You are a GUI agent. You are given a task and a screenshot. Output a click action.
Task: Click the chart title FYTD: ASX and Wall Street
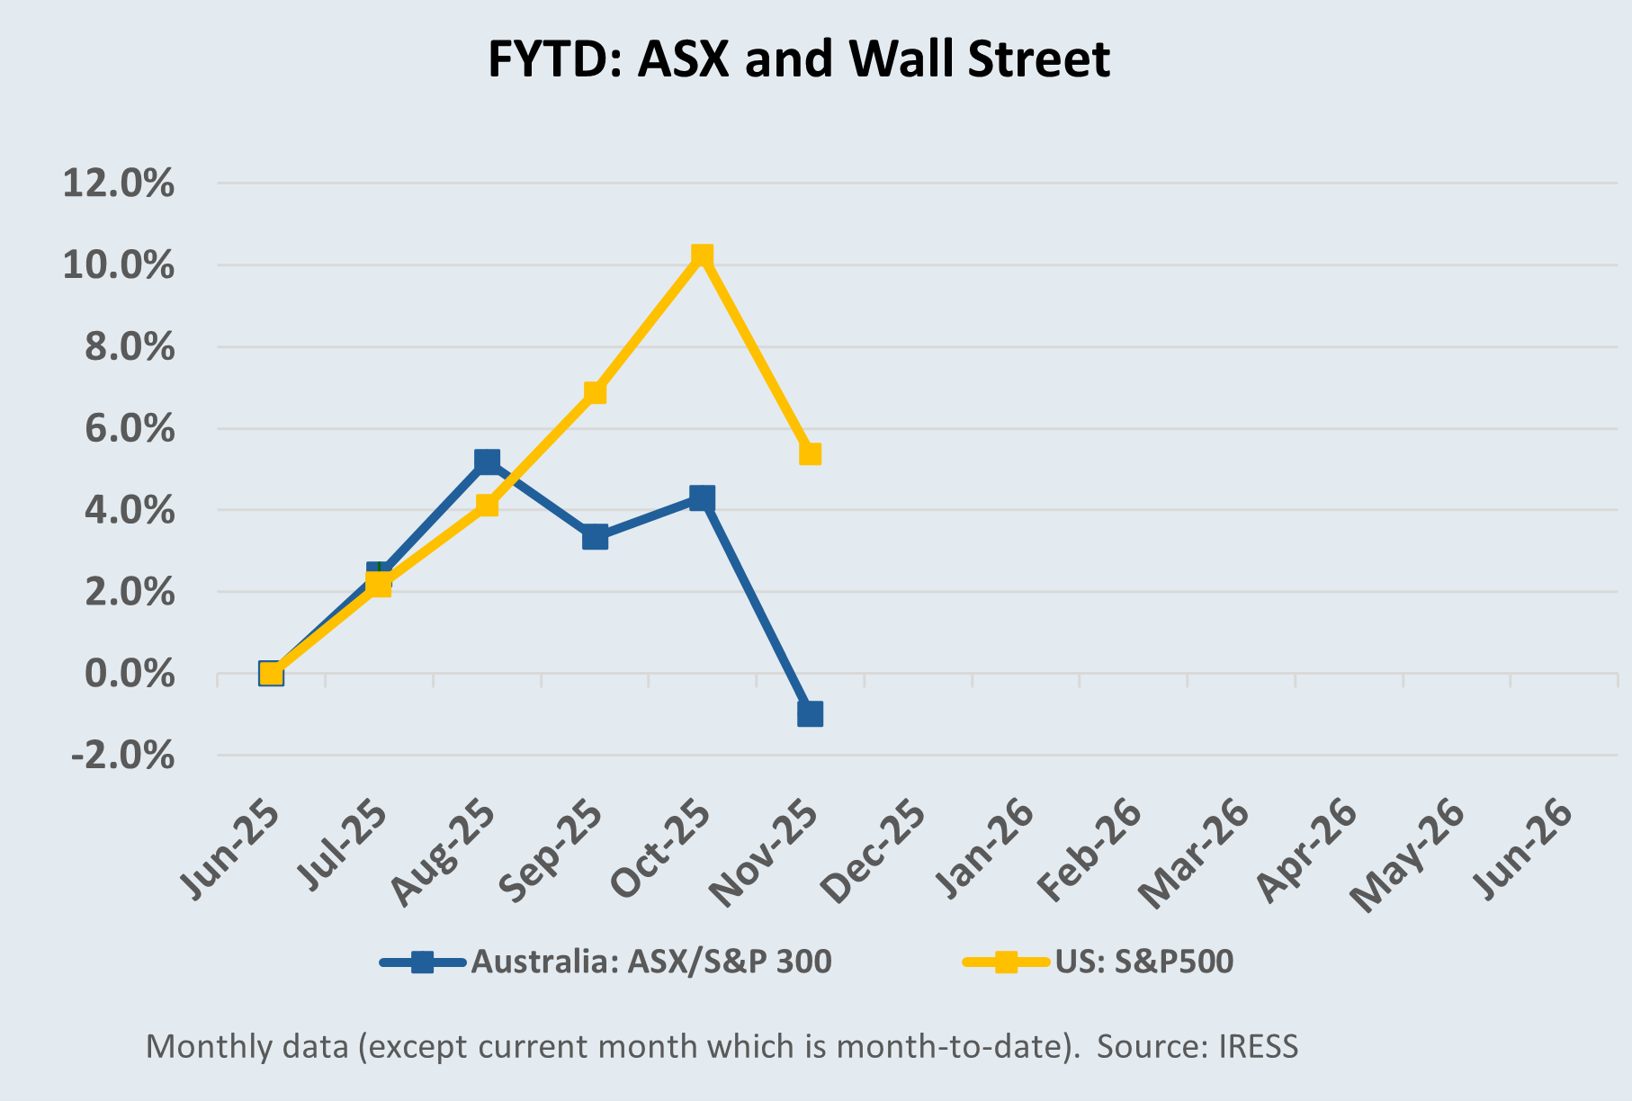tap(799, 59)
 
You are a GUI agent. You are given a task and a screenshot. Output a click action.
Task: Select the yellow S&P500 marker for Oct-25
tap(702, 256)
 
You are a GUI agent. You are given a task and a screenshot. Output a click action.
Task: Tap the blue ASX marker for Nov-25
tap(810, 714)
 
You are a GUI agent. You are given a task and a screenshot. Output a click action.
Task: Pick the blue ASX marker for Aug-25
tap(487, 461)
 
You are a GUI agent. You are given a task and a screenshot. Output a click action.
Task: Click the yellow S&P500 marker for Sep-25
tap(595, 392)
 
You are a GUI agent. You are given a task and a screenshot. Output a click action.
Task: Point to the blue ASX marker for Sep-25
tap(595, 537)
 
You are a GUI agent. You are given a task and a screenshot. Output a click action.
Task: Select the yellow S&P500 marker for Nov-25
tap(810, 453)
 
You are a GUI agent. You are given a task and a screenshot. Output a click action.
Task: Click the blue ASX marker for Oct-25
tap(702, 497)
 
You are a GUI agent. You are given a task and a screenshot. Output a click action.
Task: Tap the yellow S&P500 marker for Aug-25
tap(487, 505)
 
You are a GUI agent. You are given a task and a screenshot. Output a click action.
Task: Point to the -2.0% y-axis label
tap(122, 755)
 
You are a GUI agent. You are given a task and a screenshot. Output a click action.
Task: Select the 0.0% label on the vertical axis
tap(130, 674)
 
